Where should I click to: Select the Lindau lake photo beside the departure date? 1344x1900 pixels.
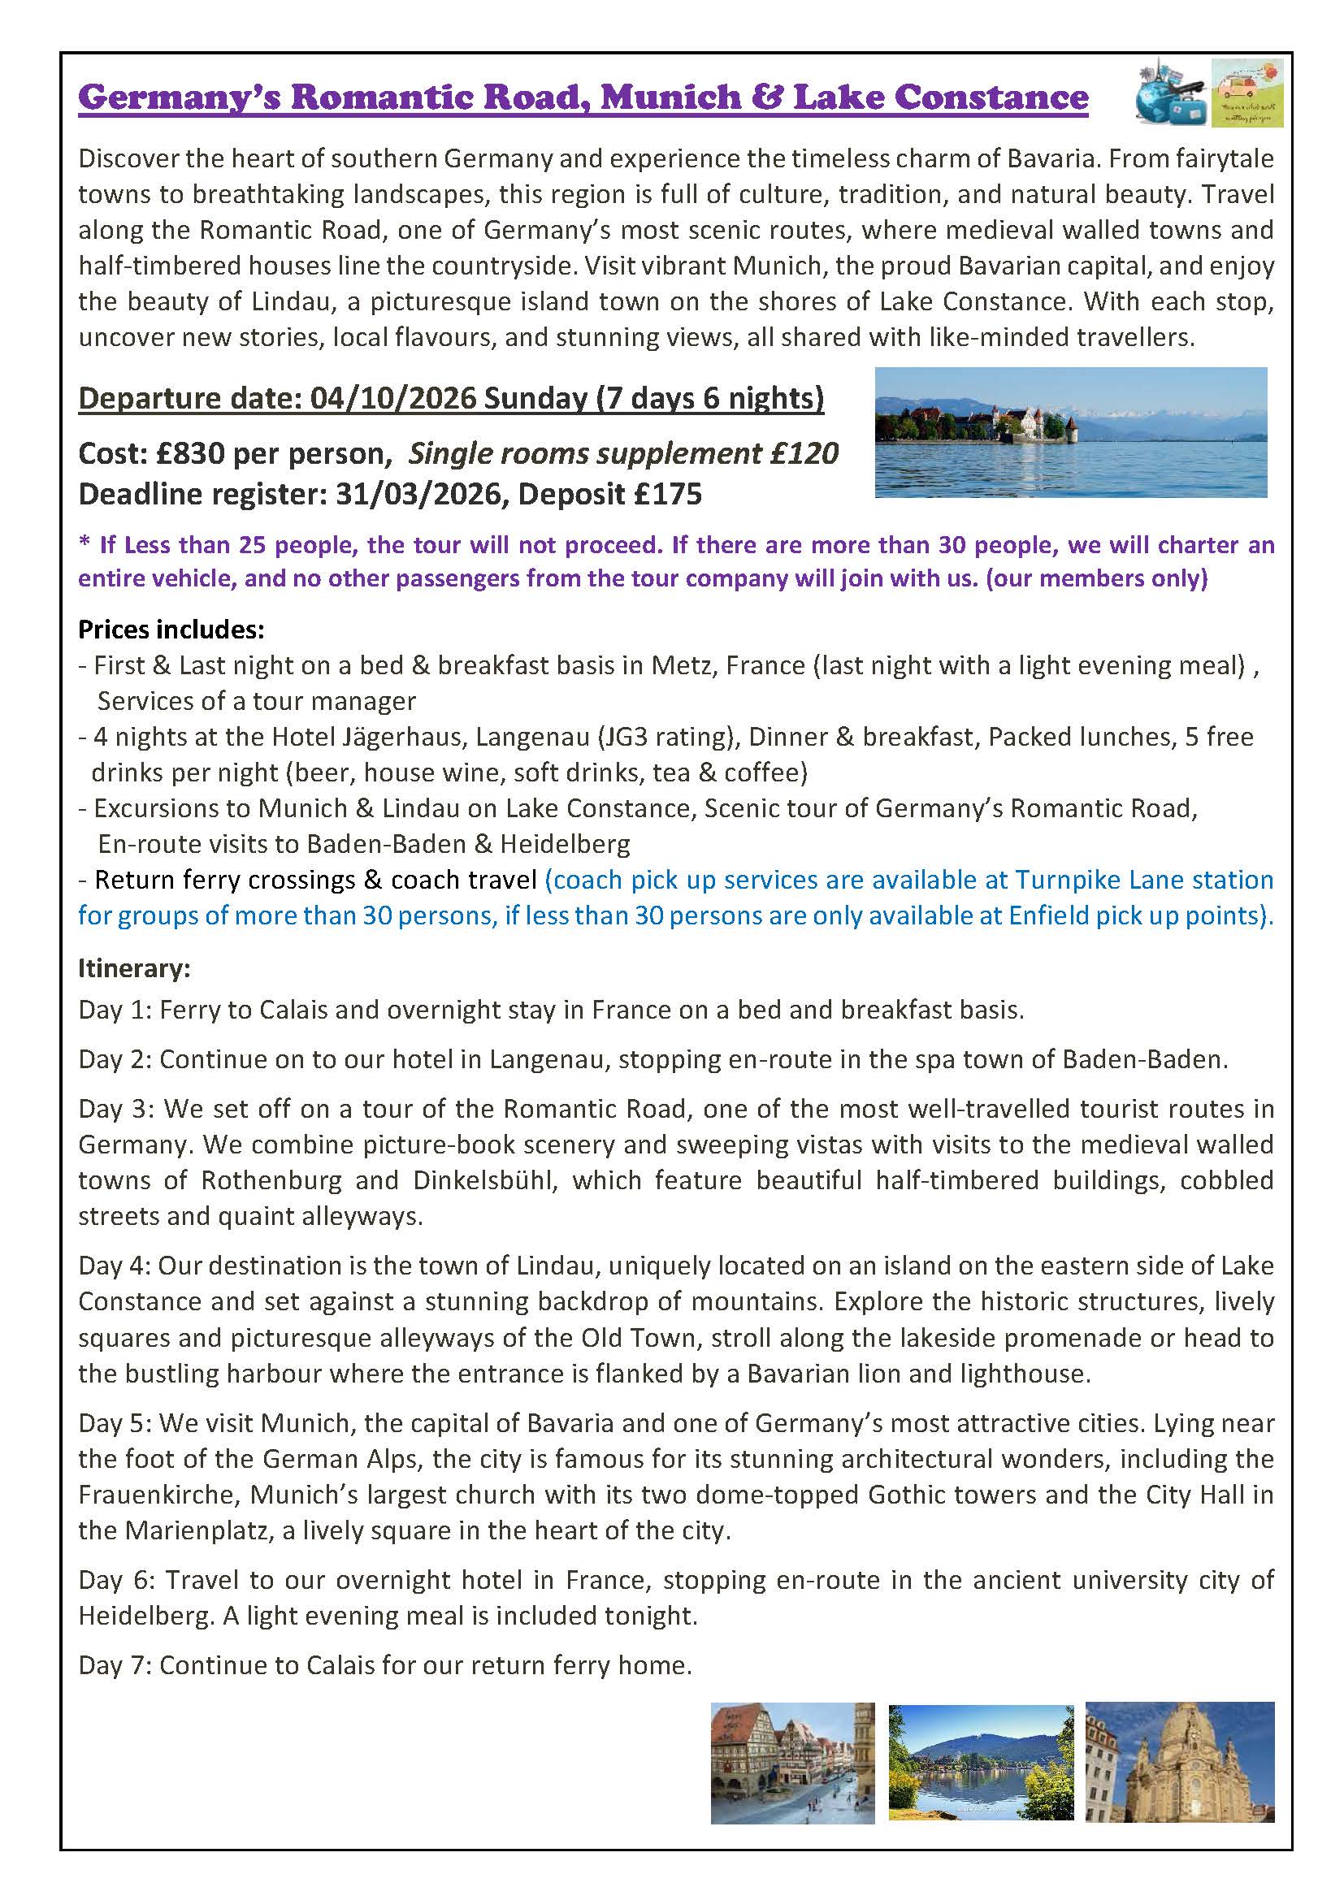(1070, 432)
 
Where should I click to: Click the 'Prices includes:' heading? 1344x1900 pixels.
(171, 630)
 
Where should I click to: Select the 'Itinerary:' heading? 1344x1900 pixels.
(134, 967)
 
